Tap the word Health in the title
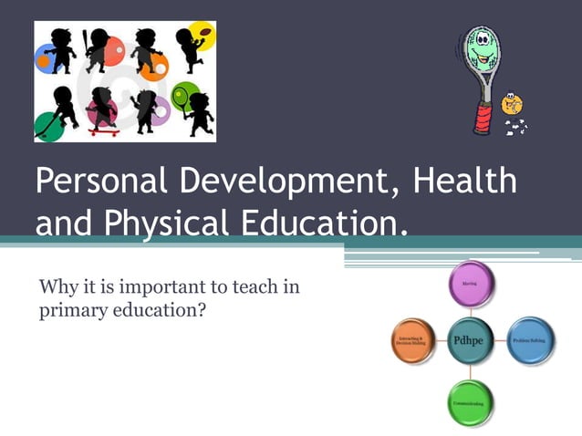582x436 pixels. click(x=465, y=181)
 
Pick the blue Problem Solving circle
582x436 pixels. click(x=530, y=339)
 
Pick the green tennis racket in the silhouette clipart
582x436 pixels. click(x=180, y=94)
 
